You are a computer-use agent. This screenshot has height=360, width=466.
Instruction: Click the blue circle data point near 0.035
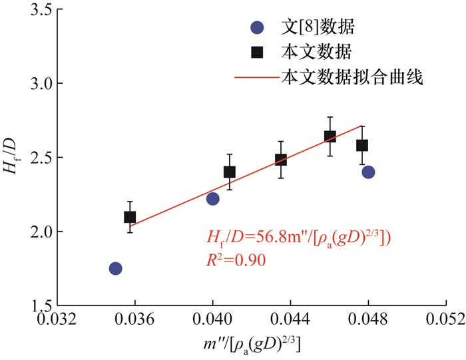click(x=116, y=268)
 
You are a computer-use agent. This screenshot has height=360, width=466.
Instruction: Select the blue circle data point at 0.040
click(x=213, y=198)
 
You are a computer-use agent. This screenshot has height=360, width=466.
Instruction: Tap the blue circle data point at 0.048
click(x=368, y=172)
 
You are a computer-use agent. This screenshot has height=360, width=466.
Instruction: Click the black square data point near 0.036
click(x=130, y=217)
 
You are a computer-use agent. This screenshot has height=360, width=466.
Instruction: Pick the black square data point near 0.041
click(x=230, y=172)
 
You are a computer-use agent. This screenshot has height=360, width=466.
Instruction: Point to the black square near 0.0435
click(x=281, y=160)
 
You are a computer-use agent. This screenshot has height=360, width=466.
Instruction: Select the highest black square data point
click(x=330, y=136)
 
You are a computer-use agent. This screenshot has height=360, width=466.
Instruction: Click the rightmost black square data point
click(x=362, y=145)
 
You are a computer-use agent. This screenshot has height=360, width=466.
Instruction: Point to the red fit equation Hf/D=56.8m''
click(x=296, y=238)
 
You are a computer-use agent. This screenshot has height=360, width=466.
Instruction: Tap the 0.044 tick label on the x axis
click(x=290, y=318)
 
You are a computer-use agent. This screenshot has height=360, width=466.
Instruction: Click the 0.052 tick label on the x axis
click(x=445, y=318)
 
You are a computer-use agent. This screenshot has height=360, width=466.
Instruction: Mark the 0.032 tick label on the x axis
click(x=57, y=318)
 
